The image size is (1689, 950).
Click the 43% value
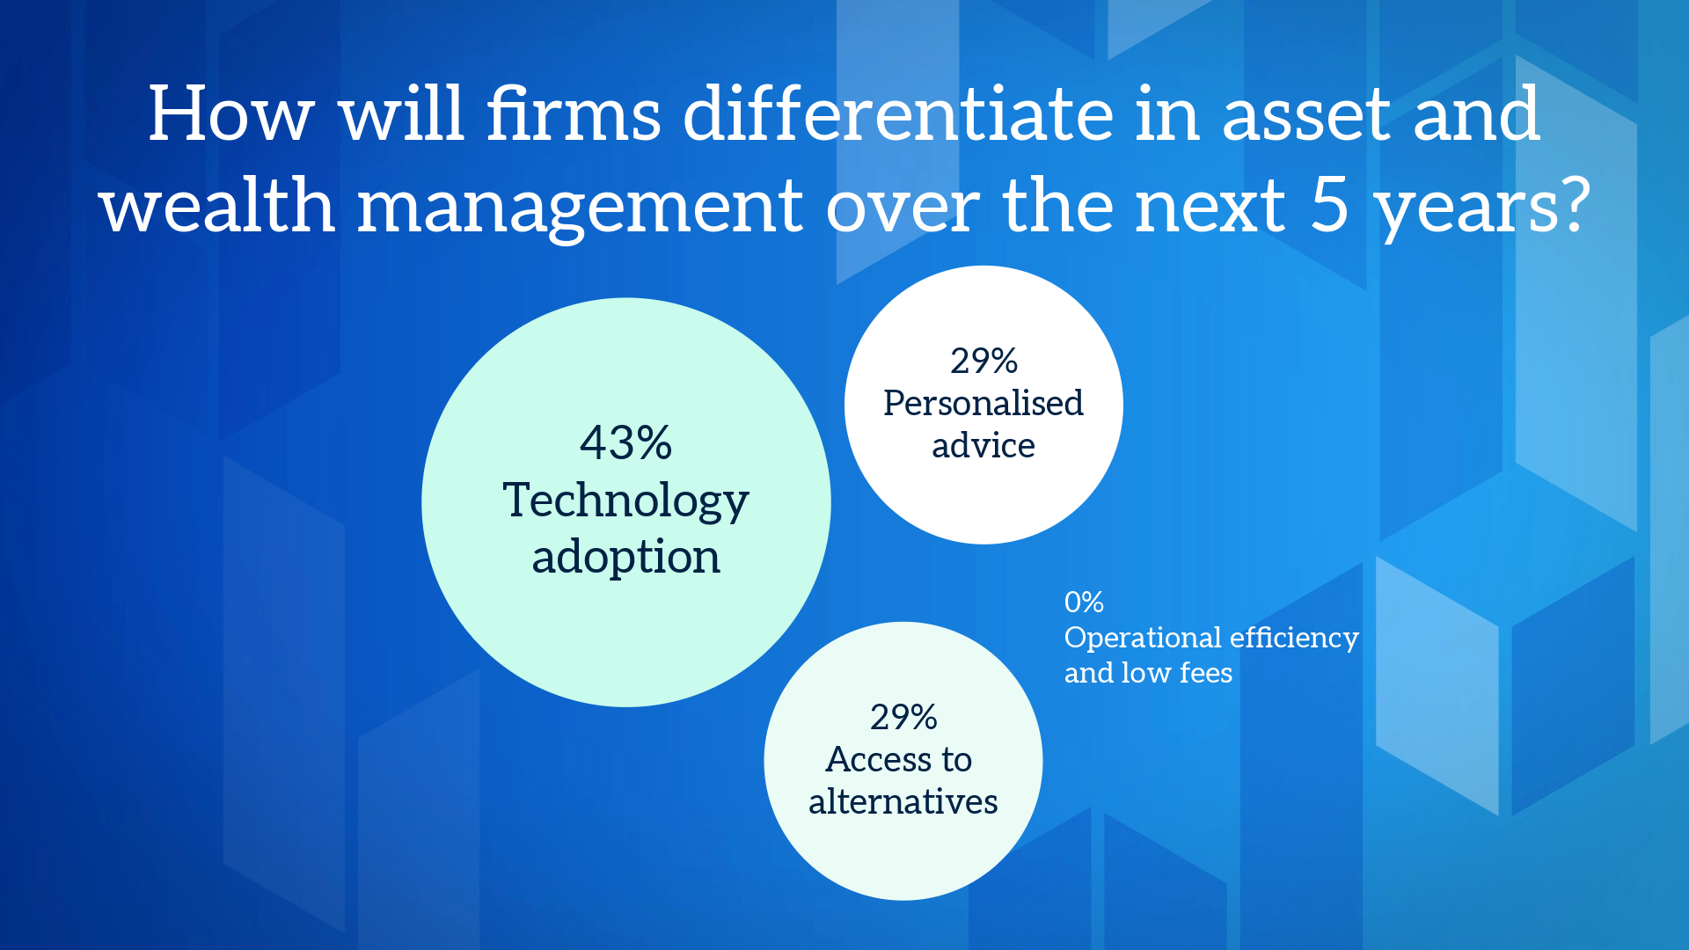625,442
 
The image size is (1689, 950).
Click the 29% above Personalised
983,361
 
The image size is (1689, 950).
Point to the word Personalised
983,403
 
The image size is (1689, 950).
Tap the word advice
983,445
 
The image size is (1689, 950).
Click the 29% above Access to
903,717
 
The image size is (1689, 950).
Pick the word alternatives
903,801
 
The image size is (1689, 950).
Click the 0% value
1084,602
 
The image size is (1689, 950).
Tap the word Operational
1144,638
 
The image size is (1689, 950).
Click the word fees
1206,673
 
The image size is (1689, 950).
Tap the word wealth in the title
217,206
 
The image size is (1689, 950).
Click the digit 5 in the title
1330,206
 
